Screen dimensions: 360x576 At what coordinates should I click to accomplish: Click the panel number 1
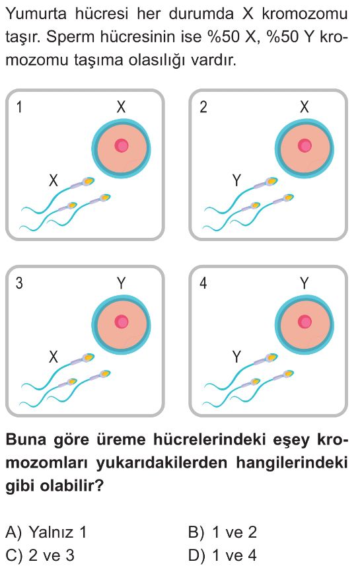tap(19, 107)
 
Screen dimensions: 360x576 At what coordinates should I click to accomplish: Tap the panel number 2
tap(203, 107)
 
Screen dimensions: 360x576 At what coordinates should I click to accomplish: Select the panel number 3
tap(19, 283)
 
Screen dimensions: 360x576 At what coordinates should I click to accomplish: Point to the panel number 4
tap(203, 283)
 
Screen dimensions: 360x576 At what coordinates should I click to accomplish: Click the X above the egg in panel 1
tap(122, 107)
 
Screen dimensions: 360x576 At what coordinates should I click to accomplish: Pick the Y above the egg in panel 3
tap(122, 283)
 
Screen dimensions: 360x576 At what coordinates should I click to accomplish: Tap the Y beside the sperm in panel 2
tap(237, 180)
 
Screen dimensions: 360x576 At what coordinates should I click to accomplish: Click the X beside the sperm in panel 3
tap(54, 357)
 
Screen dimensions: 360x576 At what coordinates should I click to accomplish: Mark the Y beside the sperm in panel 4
tap(237, 357)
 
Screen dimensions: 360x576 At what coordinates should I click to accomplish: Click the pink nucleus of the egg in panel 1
tap(122, 146)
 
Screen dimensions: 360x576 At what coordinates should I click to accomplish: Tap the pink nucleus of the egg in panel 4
tap(305, 322)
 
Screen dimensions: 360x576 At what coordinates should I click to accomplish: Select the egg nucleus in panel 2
tap(305, 146)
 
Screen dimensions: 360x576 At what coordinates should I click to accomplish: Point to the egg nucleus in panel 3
tap(122, 322)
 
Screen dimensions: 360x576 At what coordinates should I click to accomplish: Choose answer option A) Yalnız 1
tap(46, 532)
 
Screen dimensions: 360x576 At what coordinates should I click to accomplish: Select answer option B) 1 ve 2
tap(222, 532)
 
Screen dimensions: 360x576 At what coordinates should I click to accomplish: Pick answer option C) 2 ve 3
tap(40, 555)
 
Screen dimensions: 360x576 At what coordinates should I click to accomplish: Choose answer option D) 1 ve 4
tap(222, 555)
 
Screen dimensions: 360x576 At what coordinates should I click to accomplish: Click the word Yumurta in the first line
tap(36, 15)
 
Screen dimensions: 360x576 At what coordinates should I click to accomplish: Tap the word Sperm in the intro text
tap(68, 38)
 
